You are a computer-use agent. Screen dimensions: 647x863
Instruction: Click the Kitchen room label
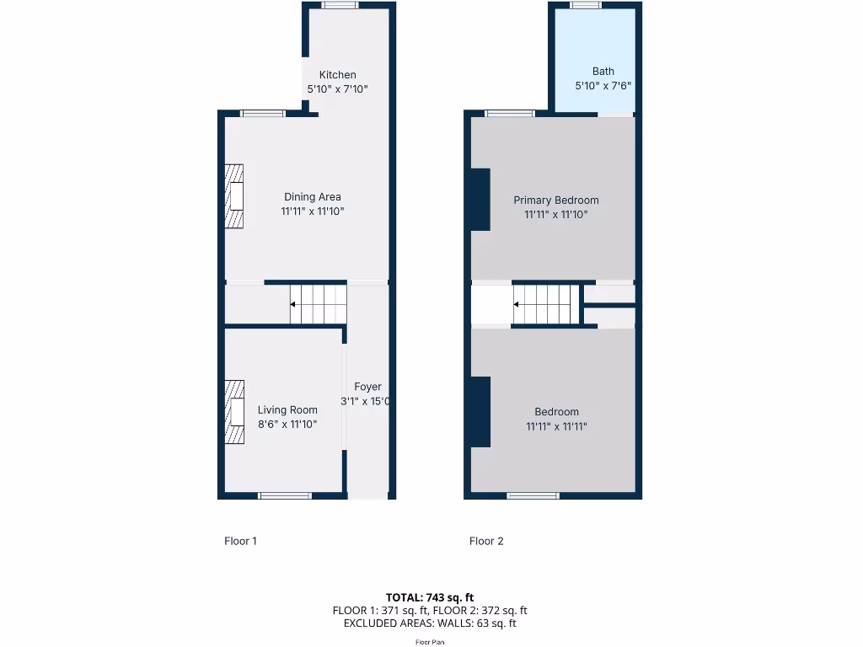coord(337,75)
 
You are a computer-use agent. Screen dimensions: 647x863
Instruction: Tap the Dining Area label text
coord(312,197)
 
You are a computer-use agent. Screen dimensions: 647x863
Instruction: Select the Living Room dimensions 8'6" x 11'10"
coord(287,425)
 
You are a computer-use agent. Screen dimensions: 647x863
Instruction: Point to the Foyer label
coord(367,387)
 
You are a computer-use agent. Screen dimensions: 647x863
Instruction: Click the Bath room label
coord(603,72)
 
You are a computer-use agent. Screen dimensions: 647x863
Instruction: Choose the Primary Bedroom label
coord(556,201)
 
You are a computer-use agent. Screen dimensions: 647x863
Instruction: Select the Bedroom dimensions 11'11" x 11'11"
coord(556,426)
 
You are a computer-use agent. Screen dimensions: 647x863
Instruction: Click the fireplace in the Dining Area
coord(234,196)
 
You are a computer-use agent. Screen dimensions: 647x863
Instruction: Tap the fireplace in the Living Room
coord(234,411)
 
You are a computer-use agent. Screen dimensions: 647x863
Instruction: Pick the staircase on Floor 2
coord(545,304)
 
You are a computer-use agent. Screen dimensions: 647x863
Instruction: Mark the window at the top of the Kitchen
coord(340,5)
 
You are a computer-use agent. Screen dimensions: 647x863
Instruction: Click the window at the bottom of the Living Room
coord(285,495)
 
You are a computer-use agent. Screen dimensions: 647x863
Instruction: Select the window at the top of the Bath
coord(585,5)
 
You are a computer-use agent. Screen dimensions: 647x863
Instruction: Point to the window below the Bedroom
coord(533,495)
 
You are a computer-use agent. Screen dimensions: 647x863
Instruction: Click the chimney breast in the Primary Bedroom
coord(480,199)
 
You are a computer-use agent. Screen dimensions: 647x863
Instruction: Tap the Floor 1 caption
coord(240,541)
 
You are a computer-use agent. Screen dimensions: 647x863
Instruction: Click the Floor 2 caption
coord(486,541)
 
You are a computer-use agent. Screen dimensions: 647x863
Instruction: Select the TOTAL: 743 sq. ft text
coord(430,597)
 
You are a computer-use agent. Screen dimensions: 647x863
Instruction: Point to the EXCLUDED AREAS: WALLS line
coord(430,623)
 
